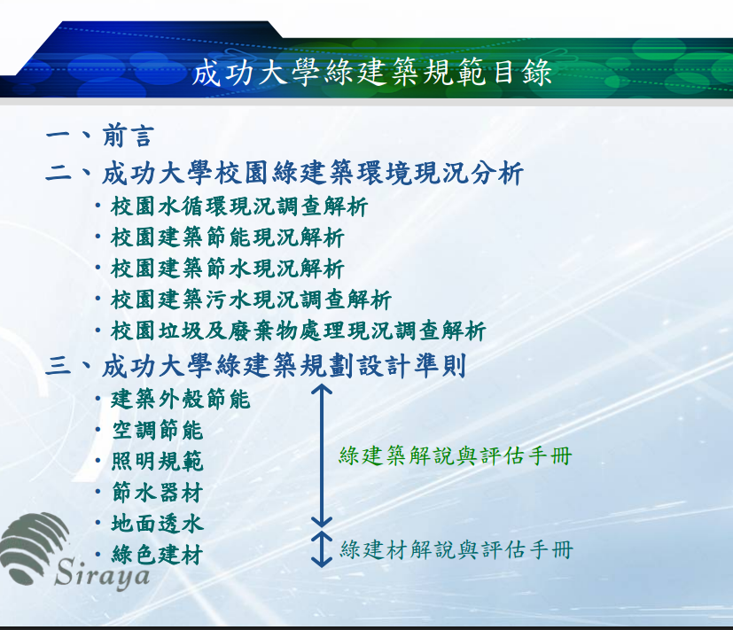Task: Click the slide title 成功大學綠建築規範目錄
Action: coord(371,73)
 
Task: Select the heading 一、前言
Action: coord(100,136)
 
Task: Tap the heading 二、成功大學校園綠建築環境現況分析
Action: coord(285,173)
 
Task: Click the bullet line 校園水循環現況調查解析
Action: coord(239,206)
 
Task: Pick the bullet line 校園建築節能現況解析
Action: coord(228,237)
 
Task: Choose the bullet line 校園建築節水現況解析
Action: coord(228,268)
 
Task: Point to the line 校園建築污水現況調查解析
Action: coord(251,299)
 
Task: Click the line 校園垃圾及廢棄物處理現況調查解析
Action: coord(298,331)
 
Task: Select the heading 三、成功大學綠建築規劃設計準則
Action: coord(256,365)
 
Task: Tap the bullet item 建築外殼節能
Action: coord(181,399)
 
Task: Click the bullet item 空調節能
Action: coord(157,430)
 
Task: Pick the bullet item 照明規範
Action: coord(157,462)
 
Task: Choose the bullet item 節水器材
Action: coord(157,493)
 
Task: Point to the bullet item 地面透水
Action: coord(157,524)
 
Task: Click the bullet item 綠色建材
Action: coord(157,555)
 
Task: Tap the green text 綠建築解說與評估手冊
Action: coord(456,455)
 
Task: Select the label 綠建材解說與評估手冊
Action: coord(456,549)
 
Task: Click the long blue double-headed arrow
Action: coord(322,455)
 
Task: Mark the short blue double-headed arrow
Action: coord(322,548)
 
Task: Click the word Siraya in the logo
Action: coord(102,573)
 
